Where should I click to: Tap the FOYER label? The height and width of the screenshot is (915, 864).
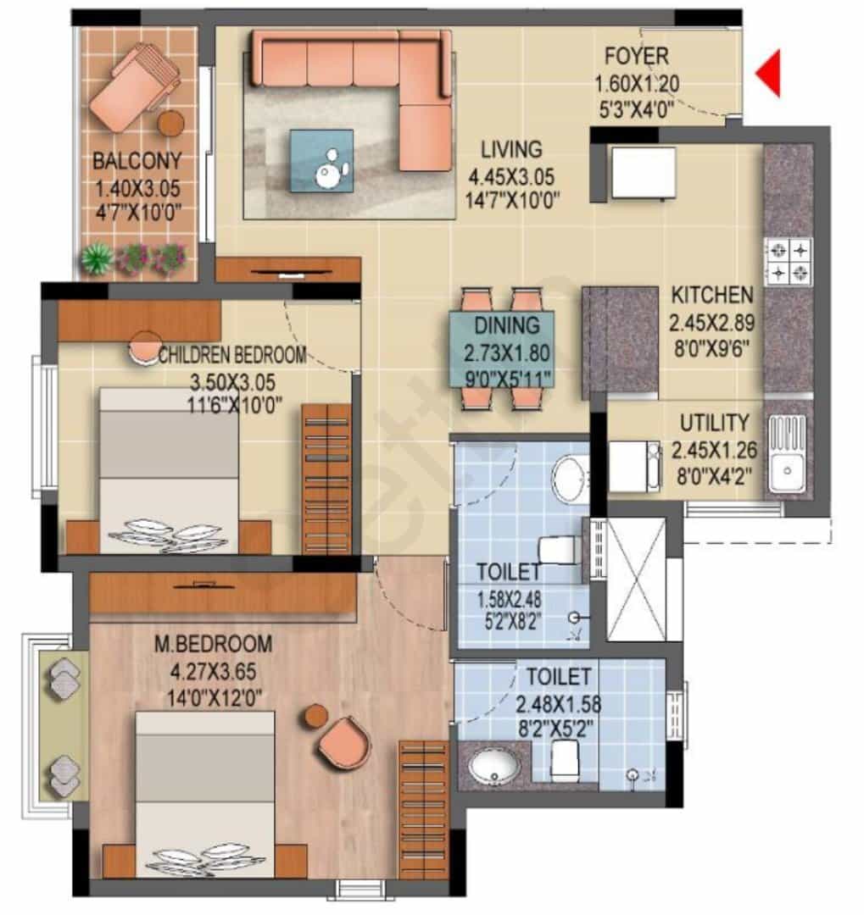pos(636,56)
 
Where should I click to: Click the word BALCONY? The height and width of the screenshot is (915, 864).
pos(137,160)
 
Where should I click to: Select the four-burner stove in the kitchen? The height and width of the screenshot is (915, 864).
pos(788,262)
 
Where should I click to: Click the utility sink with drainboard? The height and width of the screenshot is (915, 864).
pos(786,453)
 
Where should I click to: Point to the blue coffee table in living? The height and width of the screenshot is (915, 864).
pos(321,160)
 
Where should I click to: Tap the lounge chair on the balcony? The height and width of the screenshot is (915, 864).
pos(133,87)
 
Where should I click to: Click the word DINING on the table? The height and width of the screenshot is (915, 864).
pos(506,325)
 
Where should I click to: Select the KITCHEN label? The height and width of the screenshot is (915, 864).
pos(712,296)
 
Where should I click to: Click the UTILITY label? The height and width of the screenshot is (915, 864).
pos(714,423)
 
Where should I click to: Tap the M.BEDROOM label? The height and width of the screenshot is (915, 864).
pos(213,644)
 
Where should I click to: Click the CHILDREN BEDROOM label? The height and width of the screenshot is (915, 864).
pos(232,355)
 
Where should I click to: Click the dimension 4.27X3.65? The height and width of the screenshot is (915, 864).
pos(213,671)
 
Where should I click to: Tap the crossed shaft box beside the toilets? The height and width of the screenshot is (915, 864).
pos(636,579)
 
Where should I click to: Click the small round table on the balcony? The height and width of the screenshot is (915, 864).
pos(171,123)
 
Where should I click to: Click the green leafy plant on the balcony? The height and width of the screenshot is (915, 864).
pos(97,258)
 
